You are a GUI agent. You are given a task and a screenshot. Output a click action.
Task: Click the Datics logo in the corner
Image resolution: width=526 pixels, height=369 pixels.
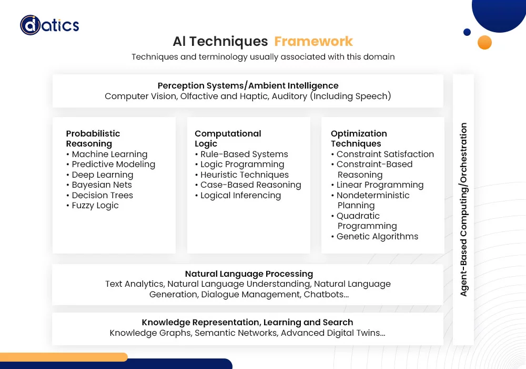click(49, 25)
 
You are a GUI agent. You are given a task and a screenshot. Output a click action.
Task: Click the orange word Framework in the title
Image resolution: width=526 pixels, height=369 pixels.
click(313, 41)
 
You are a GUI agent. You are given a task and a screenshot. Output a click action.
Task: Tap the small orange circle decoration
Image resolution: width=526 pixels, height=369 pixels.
click(484, 42)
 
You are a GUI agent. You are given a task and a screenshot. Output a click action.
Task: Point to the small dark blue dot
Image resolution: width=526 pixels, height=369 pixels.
click(467, 32)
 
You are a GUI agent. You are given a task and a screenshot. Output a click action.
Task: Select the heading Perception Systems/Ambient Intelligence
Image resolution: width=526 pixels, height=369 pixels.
click(248, 86)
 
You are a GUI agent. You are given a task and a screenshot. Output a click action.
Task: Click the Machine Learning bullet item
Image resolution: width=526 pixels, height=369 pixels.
click(107, 154)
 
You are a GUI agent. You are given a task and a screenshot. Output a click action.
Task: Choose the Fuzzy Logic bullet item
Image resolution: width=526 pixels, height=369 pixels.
click(93, 206)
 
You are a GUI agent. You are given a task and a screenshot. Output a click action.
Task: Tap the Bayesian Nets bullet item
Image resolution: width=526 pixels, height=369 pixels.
click(99, 185)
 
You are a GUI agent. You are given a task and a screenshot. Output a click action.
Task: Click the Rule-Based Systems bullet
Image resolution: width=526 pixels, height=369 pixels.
click(241, 154)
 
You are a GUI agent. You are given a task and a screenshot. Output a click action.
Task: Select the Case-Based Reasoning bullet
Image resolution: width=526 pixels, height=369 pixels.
click(248, 185)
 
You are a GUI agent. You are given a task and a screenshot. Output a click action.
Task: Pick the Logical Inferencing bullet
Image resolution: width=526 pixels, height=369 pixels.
click(238, 195)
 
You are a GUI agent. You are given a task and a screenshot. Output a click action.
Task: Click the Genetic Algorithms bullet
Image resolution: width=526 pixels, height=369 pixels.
click(375, 237)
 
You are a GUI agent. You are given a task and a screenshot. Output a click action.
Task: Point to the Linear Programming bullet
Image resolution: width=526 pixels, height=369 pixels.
click(377, 185)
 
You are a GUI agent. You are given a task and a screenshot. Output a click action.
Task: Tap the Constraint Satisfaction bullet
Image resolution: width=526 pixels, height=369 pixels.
click(382, 154)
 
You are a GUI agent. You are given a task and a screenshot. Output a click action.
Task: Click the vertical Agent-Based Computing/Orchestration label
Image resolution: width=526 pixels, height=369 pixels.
click(463, 209)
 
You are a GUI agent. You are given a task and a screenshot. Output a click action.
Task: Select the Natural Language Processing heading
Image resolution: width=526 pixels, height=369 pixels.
click(249, 274)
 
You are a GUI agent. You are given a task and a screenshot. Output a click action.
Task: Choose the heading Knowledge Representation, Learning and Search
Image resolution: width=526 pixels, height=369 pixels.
click(247, 322)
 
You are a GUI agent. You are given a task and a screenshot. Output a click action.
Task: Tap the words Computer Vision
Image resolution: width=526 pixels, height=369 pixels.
click(140, 96)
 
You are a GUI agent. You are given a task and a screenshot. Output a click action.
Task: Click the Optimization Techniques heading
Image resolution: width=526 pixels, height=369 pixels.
click(359, 139)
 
